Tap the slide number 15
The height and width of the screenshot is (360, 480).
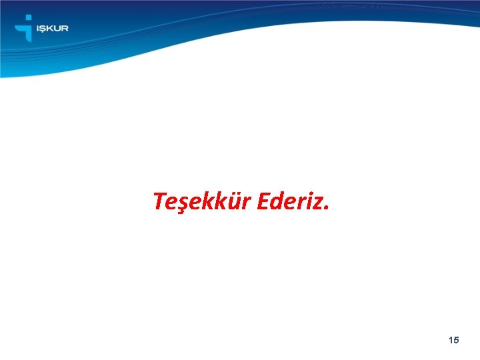coord(454,340)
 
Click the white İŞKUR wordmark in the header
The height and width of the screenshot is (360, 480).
coord(51,29)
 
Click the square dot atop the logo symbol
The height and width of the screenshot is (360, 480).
coord(27,18)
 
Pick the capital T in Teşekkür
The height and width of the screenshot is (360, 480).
coord(159,201)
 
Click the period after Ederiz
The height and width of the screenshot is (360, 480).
coord(326,207)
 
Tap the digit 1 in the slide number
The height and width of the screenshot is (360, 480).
coord(451,340)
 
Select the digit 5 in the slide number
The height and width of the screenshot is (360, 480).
coord(457,340)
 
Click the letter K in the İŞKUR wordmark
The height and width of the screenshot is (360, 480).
coord(49,29)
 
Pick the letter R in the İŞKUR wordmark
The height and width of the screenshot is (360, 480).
coord(65,29)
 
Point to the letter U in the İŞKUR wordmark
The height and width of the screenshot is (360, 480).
coord(57,29)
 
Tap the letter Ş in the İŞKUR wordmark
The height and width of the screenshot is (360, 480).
coord(42,29)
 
